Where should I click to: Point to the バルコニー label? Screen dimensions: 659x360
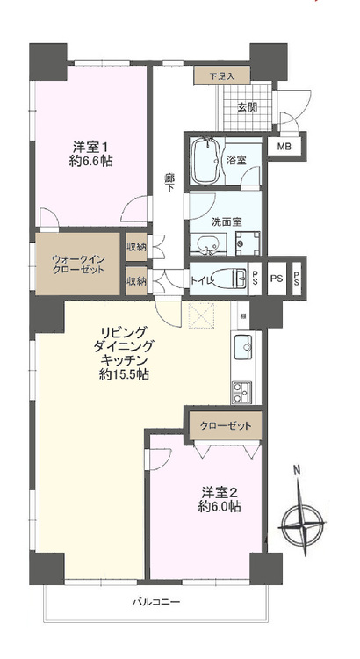155,602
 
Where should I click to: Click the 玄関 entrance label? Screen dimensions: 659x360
248,108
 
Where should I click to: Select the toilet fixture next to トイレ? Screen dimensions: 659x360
229,279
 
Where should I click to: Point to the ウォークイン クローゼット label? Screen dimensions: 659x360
78,263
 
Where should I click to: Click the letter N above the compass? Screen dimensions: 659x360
297,469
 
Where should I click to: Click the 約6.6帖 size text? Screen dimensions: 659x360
90,162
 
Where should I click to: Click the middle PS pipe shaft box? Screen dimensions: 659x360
277,279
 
